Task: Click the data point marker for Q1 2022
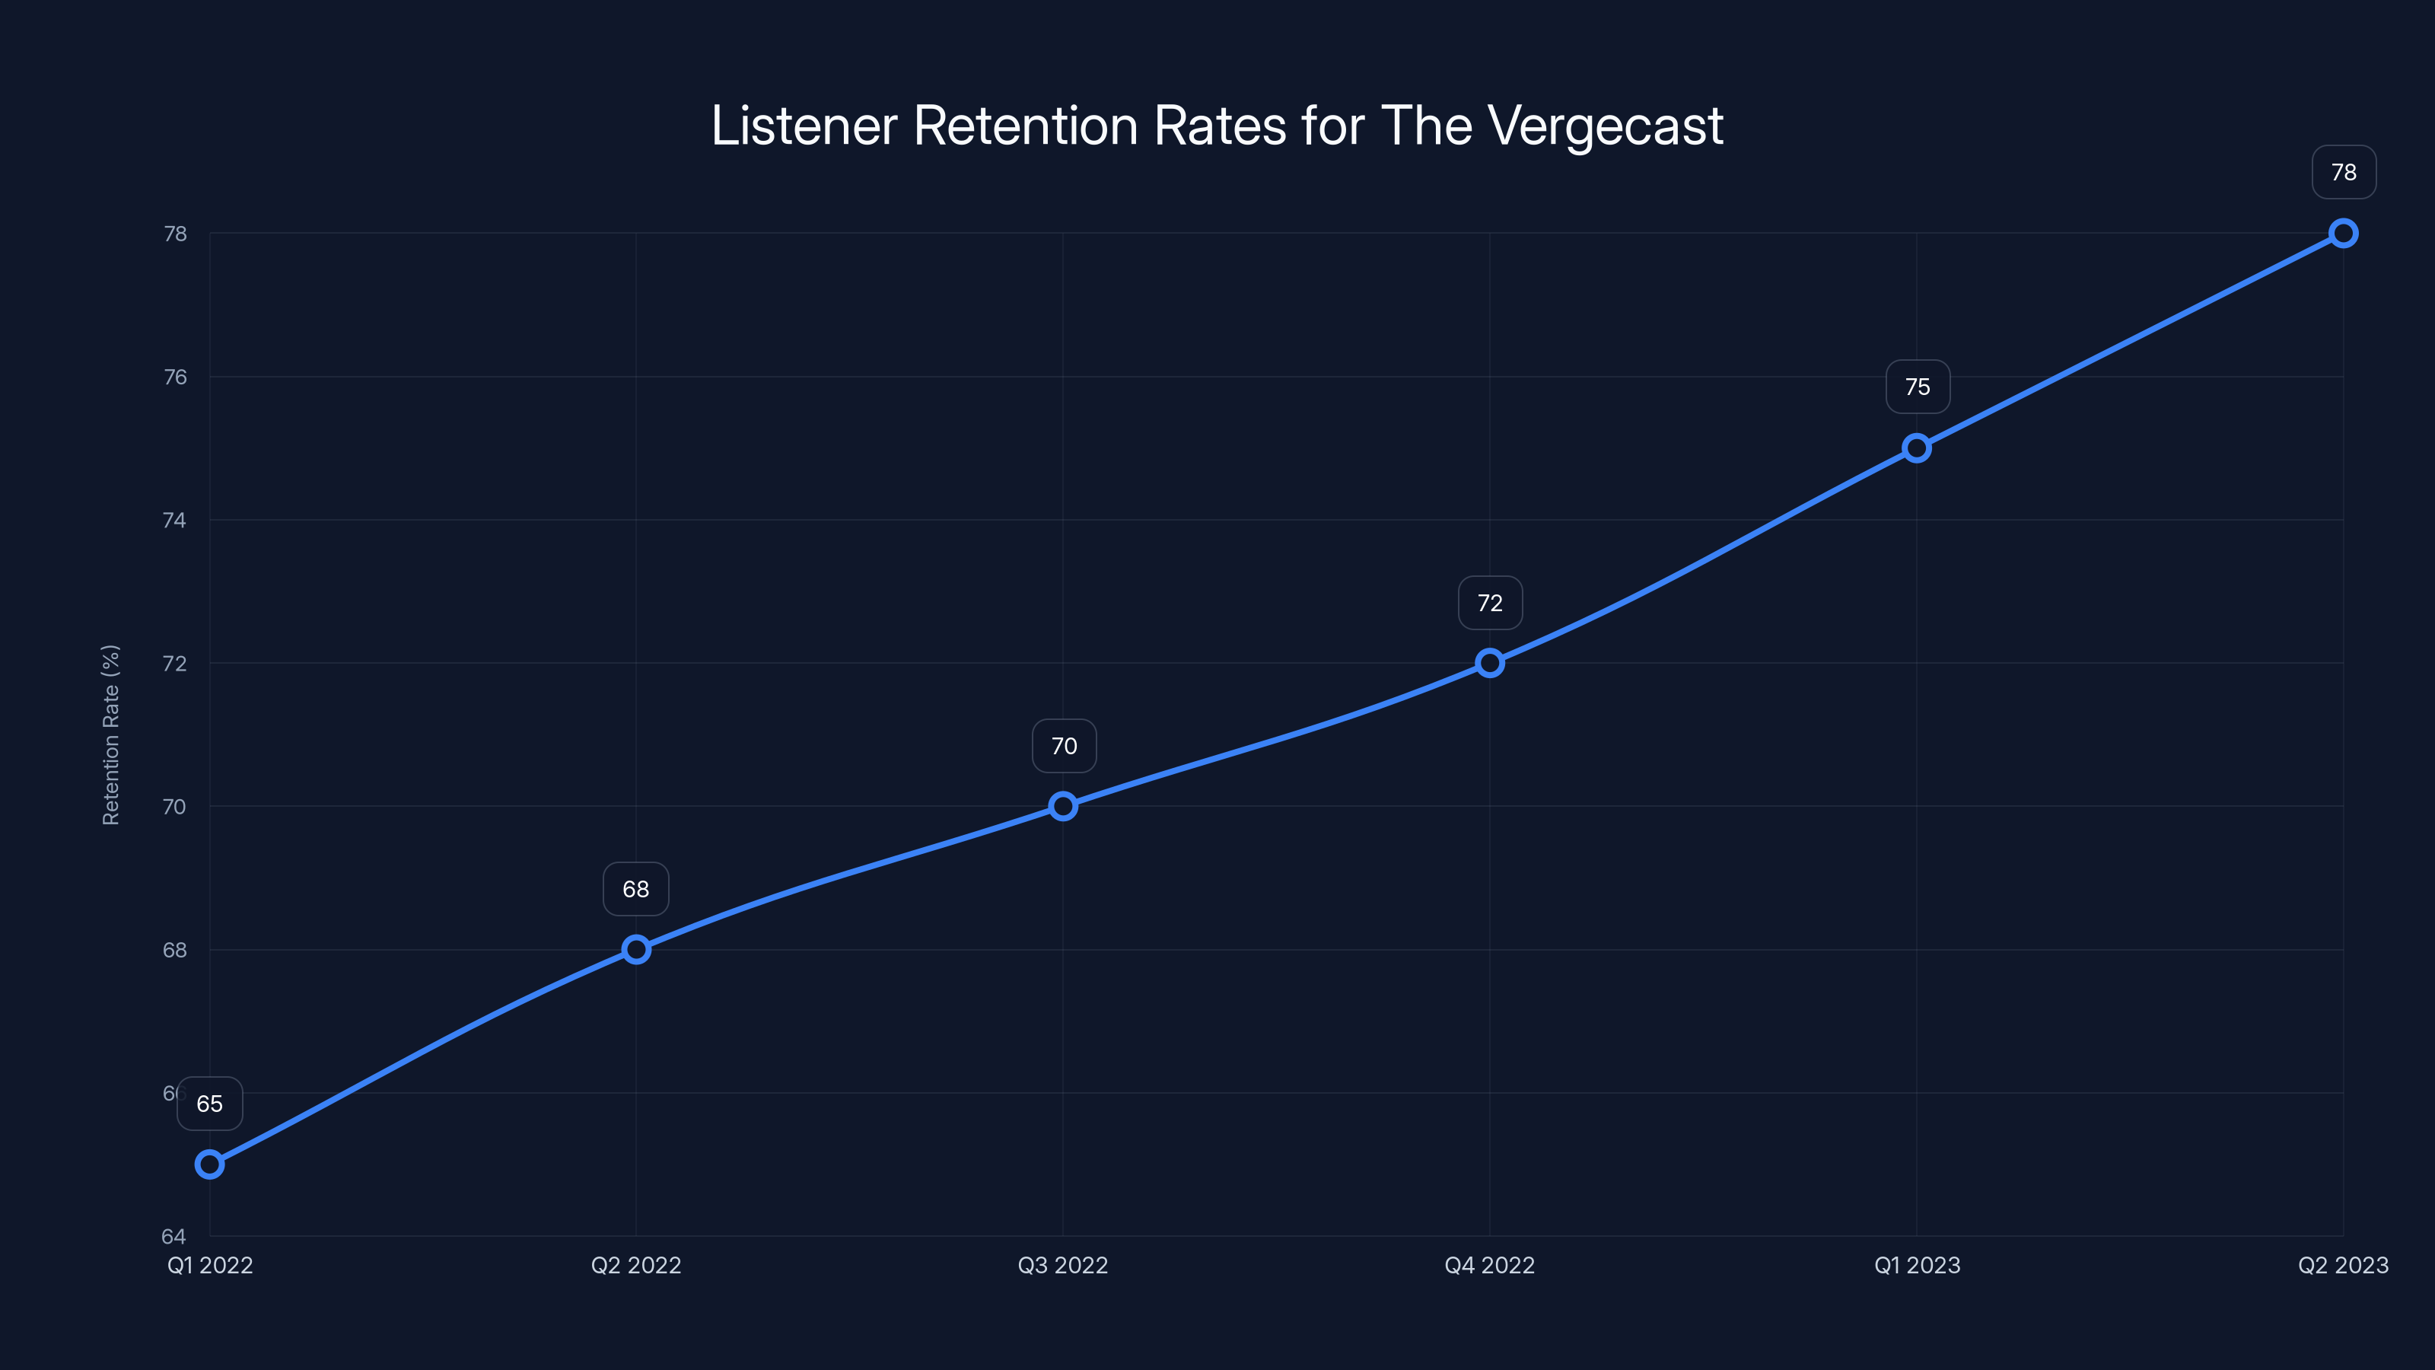pyautogui.click(x=210, y=1164)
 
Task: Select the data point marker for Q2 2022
pyautogui.click(x=636, y=949)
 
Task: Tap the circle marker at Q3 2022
pyautogui.click(x=1064, y=807)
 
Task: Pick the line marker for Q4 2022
pyautogui.click(x=1490, y=663)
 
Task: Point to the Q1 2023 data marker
pyautogui.click(x=1917, y=448)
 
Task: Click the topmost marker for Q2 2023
pyautogui.click(x=2344, y=234)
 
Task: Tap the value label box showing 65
pyautogui.click(x=210, y=1104)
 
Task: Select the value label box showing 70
pyautogui.click(x=1065, y=746)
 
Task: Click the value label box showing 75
pyautogui.click(x=1918, y=387)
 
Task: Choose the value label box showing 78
pyautogui.click(x=2344, y=172)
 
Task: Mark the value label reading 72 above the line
pyautogui.click(x=1491, y=604)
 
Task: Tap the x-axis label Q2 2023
pyautogui.click(x=2344, y=1265)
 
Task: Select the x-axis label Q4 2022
pyautogui.click(x=1490, y=1265)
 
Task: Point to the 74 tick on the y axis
pyautogui.click(x=175, y=520)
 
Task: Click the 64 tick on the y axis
pyautogui.click(x=174, y=1236)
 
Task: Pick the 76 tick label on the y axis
pyautogui.click(x=175, y=378)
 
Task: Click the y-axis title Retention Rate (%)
pyautogui.click(x=110, y=734)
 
